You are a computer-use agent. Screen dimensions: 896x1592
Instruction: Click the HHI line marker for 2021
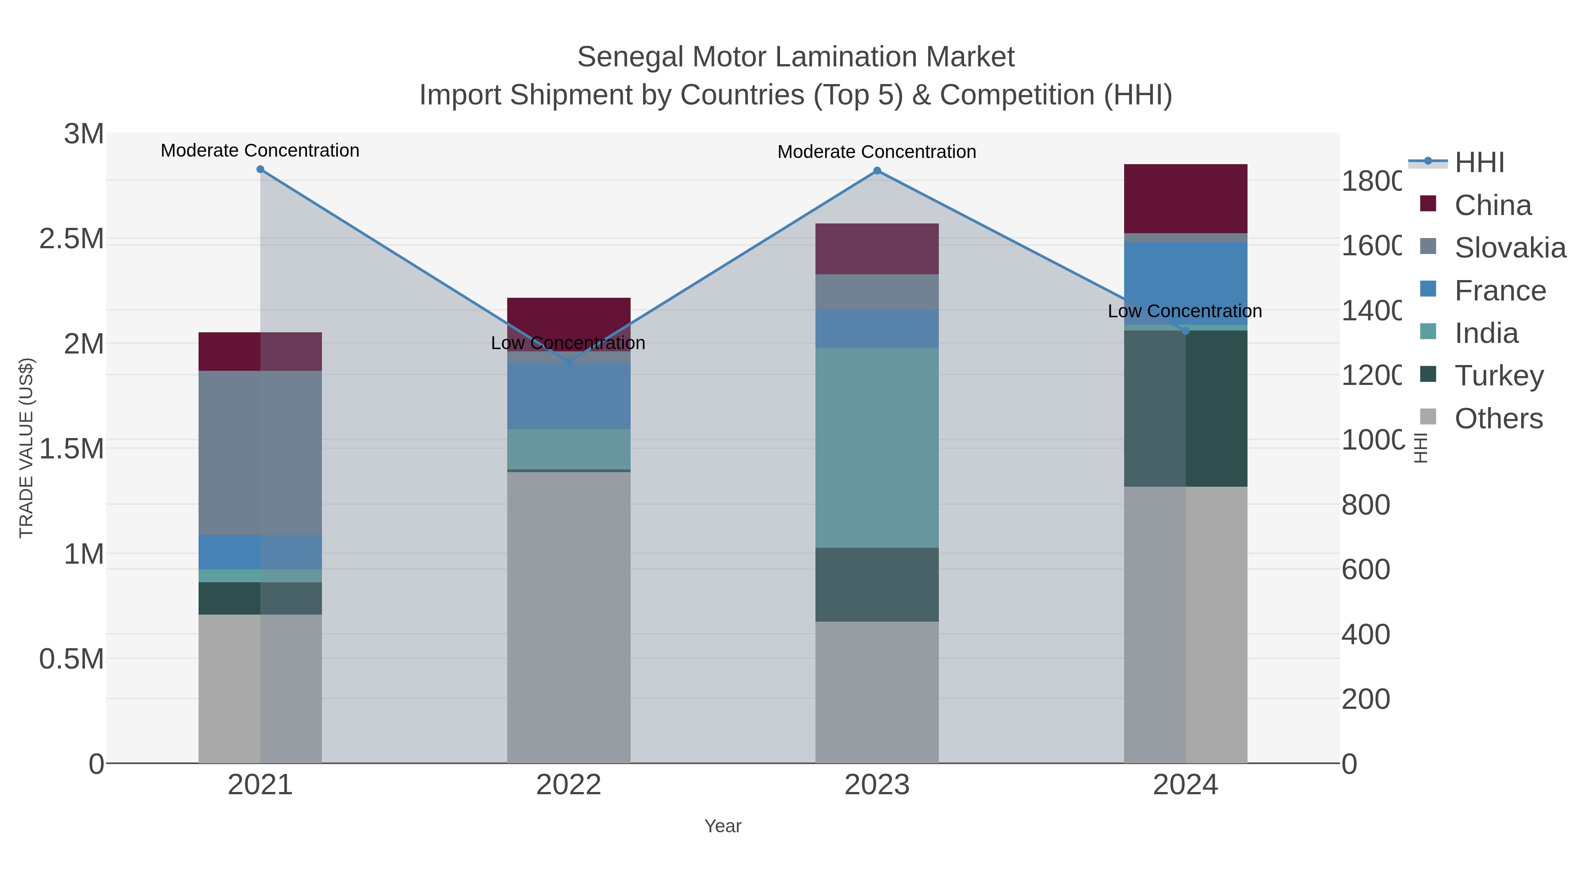point(260,169)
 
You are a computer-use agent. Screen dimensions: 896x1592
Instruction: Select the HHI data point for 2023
point(877,171)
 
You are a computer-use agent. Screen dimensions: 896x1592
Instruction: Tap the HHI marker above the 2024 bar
point(1185,331)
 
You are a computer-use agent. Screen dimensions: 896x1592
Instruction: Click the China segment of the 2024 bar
point(1185,199)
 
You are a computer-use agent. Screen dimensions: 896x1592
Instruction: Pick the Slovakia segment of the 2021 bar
point(260,453)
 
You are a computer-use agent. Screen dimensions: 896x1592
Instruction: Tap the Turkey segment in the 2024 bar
point(1185,408)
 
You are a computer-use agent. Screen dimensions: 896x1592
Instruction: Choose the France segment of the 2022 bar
point(569,396)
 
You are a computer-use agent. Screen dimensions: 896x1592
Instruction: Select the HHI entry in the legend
point(1479,163)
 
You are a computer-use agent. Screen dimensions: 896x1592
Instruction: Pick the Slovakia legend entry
point(1510,247)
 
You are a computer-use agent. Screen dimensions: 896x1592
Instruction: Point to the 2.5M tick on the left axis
point(72,238)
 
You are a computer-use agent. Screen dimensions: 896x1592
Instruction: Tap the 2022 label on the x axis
point(569,785)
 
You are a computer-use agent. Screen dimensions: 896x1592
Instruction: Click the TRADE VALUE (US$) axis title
point(26,448)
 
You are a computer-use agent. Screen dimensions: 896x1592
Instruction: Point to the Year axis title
point(723,826)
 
